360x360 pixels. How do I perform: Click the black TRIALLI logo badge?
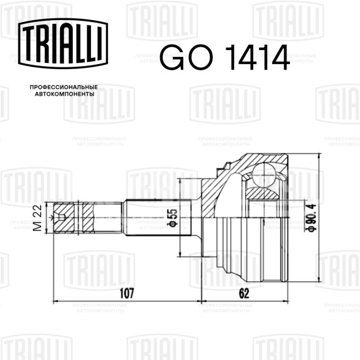click(63, 43)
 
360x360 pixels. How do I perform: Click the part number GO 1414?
click(224, 57)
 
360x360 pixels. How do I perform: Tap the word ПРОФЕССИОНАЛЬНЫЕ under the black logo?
click(64, 87)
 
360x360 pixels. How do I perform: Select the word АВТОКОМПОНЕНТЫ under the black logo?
click(65, 94)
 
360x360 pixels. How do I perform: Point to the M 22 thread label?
click(37, 218)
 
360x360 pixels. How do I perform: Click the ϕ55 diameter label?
click(174, 218)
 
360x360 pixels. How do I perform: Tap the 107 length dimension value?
click(127, 293)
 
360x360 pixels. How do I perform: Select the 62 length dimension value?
click(244, 293)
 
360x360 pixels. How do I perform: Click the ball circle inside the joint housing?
click(264, 175)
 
